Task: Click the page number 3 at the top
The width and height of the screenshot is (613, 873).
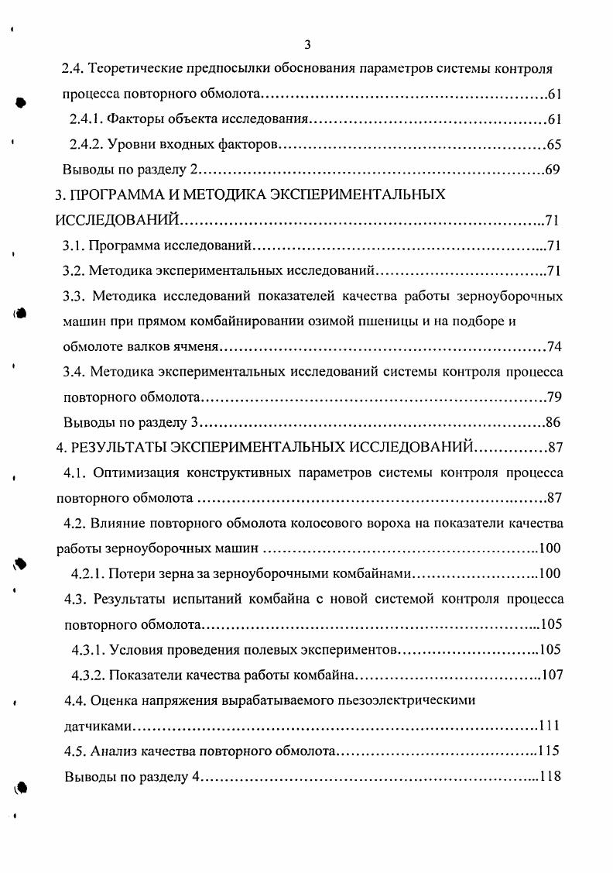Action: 307,44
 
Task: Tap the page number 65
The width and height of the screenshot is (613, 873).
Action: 553,145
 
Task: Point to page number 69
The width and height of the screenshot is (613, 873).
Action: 552,170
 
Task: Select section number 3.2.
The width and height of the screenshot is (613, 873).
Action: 74,271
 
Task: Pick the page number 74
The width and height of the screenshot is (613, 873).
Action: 554,346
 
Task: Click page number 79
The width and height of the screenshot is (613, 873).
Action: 553,397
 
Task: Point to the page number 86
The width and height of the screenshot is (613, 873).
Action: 553,422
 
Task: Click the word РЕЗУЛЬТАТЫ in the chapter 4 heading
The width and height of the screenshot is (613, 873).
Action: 121,447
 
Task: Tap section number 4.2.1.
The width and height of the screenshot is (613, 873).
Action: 88,573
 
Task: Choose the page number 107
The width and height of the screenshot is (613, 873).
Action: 550,675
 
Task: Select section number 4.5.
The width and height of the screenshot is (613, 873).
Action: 74,751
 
